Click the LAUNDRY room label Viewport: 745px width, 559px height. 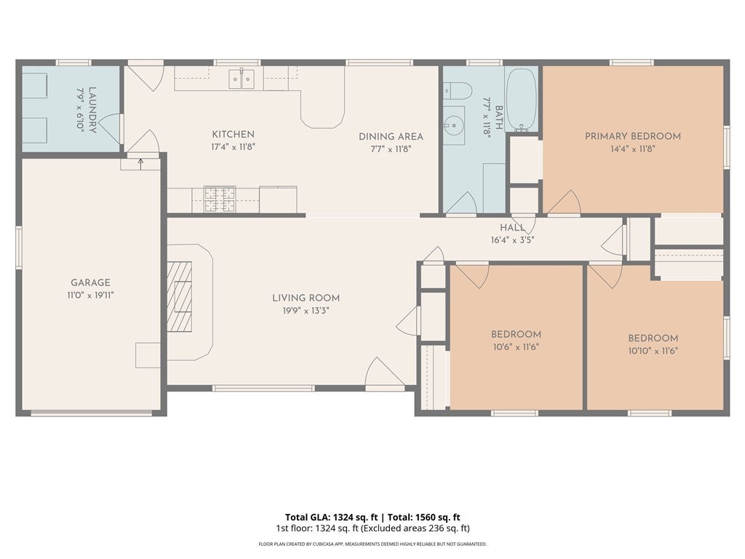tap(92, 110)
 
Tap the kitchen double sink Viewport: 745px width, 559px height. tap(242, 79)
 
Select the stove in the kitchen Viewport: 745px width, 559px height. tap(220, 199)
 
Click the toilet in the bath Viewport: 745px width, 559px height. tap(458, 90)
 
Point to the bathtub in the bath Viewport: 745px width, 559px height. tap(521, 100)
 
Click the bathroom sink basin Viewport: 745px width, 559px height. tap(453, 125)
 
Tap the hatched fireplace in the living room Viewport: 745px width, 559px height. tap(180, 296)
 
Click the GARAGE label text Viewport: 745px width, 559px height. tap(90, 283)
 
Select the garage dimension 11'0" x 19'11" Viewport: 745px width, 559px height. tap(90, 296)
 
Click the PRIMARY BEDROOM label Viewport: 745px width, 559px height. tap(633, 136)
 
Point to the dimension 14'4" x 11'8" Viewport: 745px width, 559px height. tap(633, 148)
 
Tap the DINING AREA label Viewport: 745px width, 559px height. tap(391, 137)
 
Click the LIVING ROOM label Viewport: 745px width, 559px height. tap(306, 298)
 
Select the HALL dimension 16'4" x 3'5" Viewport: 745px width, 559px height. tap(513, 240)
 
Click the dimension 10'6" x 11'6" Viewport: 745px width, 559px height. tap(516, 347)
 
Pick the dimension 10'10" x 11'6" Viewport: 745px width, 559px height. tap(653, 352)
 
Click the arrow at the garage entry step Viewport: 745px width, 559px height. tap(140, 164)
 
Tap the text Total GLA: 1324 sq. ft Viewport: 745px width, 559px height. tap(331, 518)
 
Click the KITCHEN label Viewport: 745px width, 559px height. tap(234, 135)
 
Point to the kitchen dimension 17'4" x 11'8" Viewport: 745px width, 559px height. tap(234, 147)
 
